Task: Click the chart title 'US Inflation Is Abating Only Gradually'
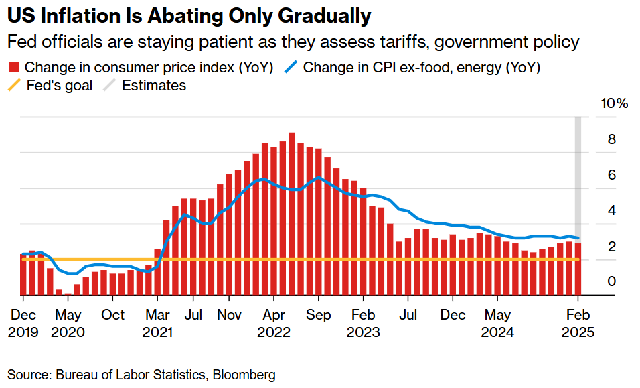click(189, 15)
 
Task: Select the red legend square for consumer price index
click(14, 68)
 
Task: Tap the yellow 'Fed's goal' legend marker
click(14, 86)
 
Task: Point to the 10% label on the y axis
click(613, 104)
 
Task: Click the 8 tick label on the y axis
click(611, 139)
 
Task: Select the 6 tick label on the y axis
click(611, 175)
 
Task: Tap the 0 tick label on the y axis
click(611, 281)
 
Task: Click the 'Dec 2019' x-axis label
click(23, 324)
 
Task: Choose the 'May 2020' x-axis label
click(68, 324)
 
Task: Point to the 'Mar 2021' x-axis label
click(158, 324)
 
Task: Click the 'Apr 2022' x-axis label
click(274, 324)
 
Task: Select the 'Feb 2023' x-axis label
click(364, 324)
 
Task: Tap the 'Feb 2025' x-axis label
click(578, 324)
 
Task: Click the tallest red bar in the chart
click(292, 214)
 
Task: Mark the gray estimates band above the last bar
click(578, 174)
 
